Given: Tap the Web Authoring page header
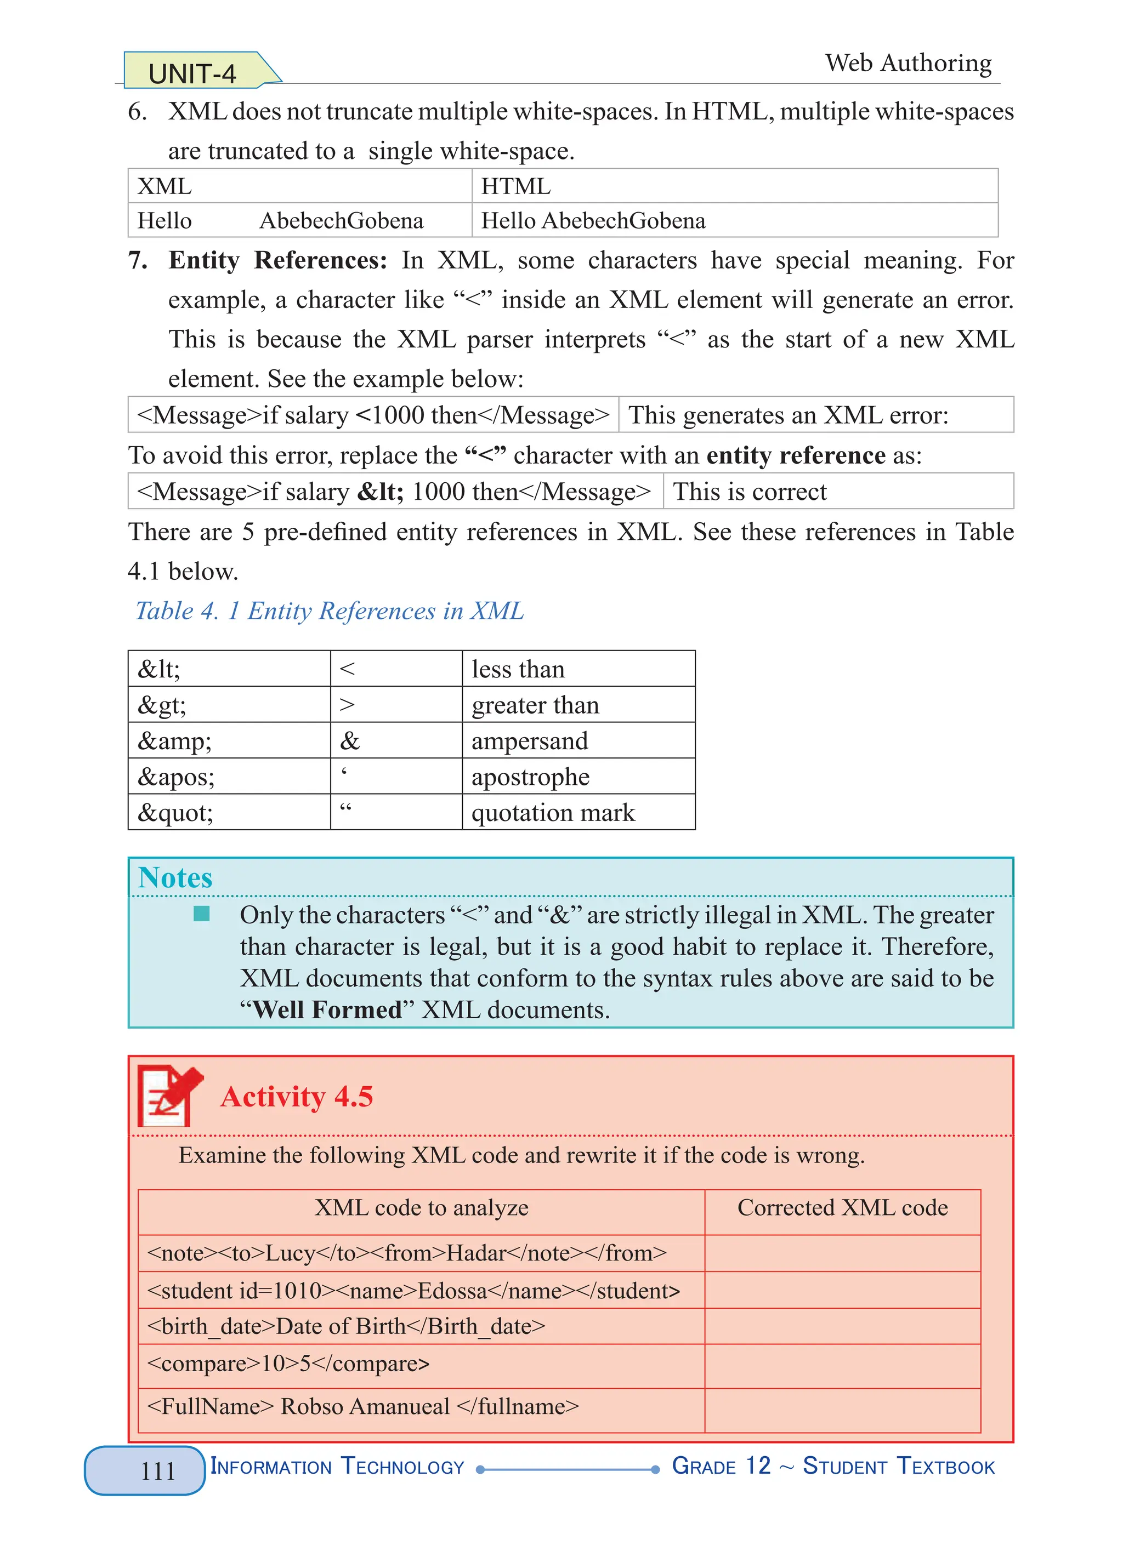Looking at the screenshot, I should point(908,63).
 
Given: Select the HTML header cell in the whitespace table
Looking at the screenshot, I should point(516,186).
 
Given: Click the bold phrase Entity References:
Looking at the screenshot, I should point(277,261).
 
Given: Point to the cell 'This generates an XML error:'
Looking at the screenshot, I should point(788,415).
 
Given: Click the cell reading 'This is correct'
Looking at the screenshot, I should point(750,492).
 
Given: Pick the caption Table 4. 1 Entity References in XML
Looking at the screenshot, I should point(329,611).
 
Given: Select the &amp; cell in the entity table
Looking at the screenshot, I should point(175,741).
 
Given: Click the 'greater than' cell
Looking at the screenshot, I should point(535,705).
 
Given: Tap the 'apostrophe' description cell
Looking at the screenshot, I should point(530,777).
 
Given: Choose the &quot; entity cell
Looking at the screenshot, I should point(175,813).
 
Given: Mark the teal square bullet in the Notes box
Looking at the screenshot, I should point(201,914).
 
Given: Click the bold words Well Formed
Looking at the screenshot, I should point(327,1009).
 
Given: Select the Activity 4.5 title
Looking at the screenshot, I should point(296,1096).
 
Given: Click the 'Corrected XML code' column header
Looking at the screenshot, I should point(842,1207).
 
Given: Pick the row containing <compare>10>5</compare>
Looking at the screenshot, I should point(288,1363).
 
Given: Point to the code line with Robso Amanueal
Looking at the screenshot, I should point(362,1406).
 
